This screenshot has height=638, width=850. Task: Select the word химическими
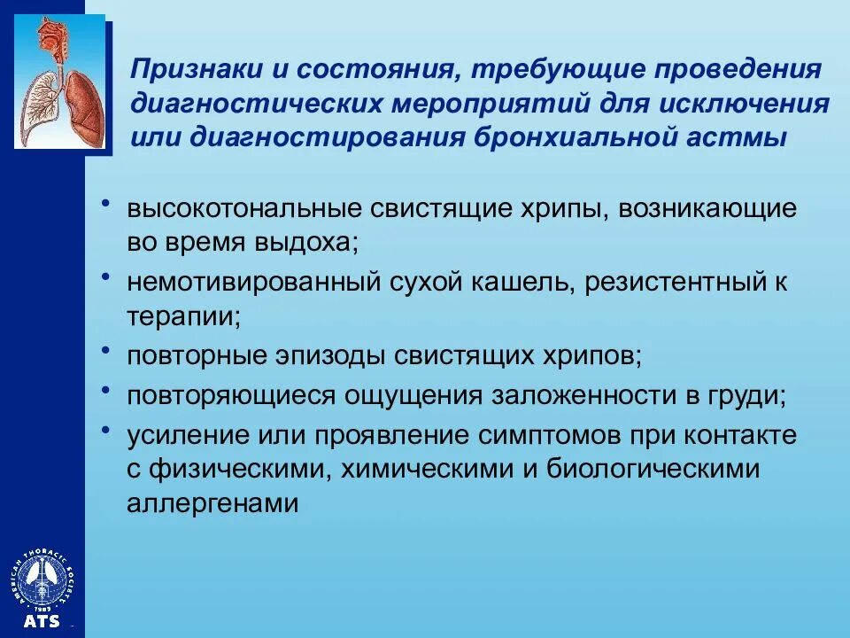click(425, 469)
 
